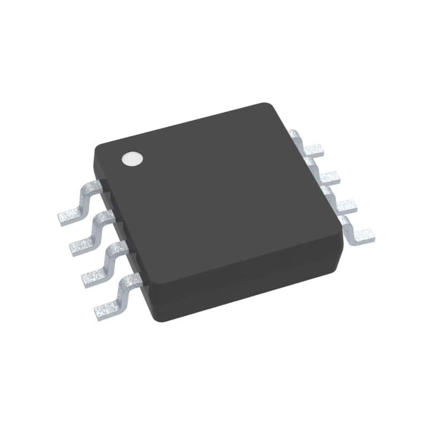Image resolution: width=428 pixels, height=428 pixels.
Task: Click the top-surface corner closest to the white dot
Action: (99, 147)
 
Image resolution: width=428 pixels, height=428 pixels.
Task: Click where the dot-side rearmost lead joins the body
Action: (97, 185)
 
